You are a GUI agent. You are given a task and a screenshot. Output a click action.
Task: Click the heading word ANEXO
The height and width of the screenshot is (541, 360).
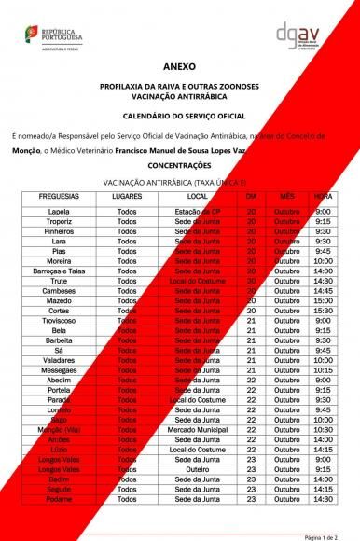179,68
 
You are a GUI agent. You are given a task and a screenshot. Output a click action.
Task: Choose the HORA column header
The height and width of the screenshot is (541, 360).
323,198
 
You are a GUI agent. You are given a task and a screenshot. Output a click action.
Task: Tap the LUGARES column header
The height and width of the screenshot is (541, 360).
127,198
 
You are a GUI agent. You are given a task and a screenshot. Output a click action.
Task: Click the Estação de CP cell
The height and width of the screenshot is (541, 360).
197,212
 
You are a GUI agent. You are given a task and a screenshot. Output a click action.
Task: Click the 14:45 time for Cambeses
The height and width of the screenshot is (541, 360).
323,290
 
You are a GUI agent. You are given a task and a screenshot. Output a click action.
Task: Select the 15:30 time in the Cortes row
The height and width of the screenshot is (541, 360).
323,311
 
